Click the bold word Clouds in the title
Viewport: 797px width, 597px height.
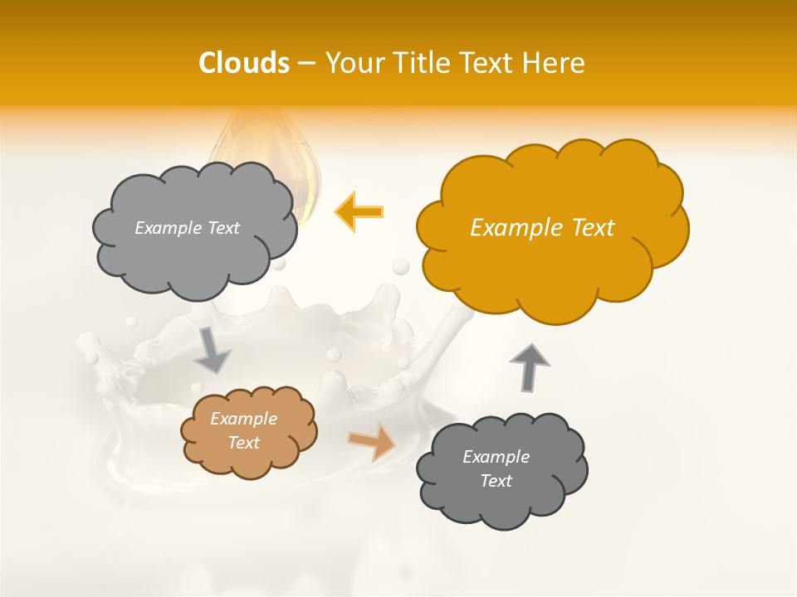pyautogui.click(x=244, y=63)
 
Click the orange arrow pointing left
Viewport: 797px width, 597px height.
pyautogui.click(x=359, y=211)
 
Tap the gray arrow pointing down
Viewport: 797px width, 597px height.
pyautogui.click(x=212, y=350)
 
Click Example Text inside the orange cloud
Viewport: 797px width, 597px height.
pyautogui.click(x=542, y=228)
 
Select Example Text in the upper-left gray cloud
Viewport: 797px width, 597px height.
pyautogui.click(x=187, y=228)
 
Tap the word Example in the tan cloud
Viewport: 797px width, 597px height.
pyautogui.click(x=243, y=419)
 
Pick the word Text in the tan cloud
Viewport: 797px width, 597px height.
pyautogui.click(x=243, y=443)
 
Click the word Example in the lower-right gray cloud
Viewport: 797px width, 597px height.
pyautogui.click(x=496, y=457)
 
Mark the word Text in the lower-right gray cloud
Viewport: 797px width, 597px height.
pyautogui.click(x=496, y=481)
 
